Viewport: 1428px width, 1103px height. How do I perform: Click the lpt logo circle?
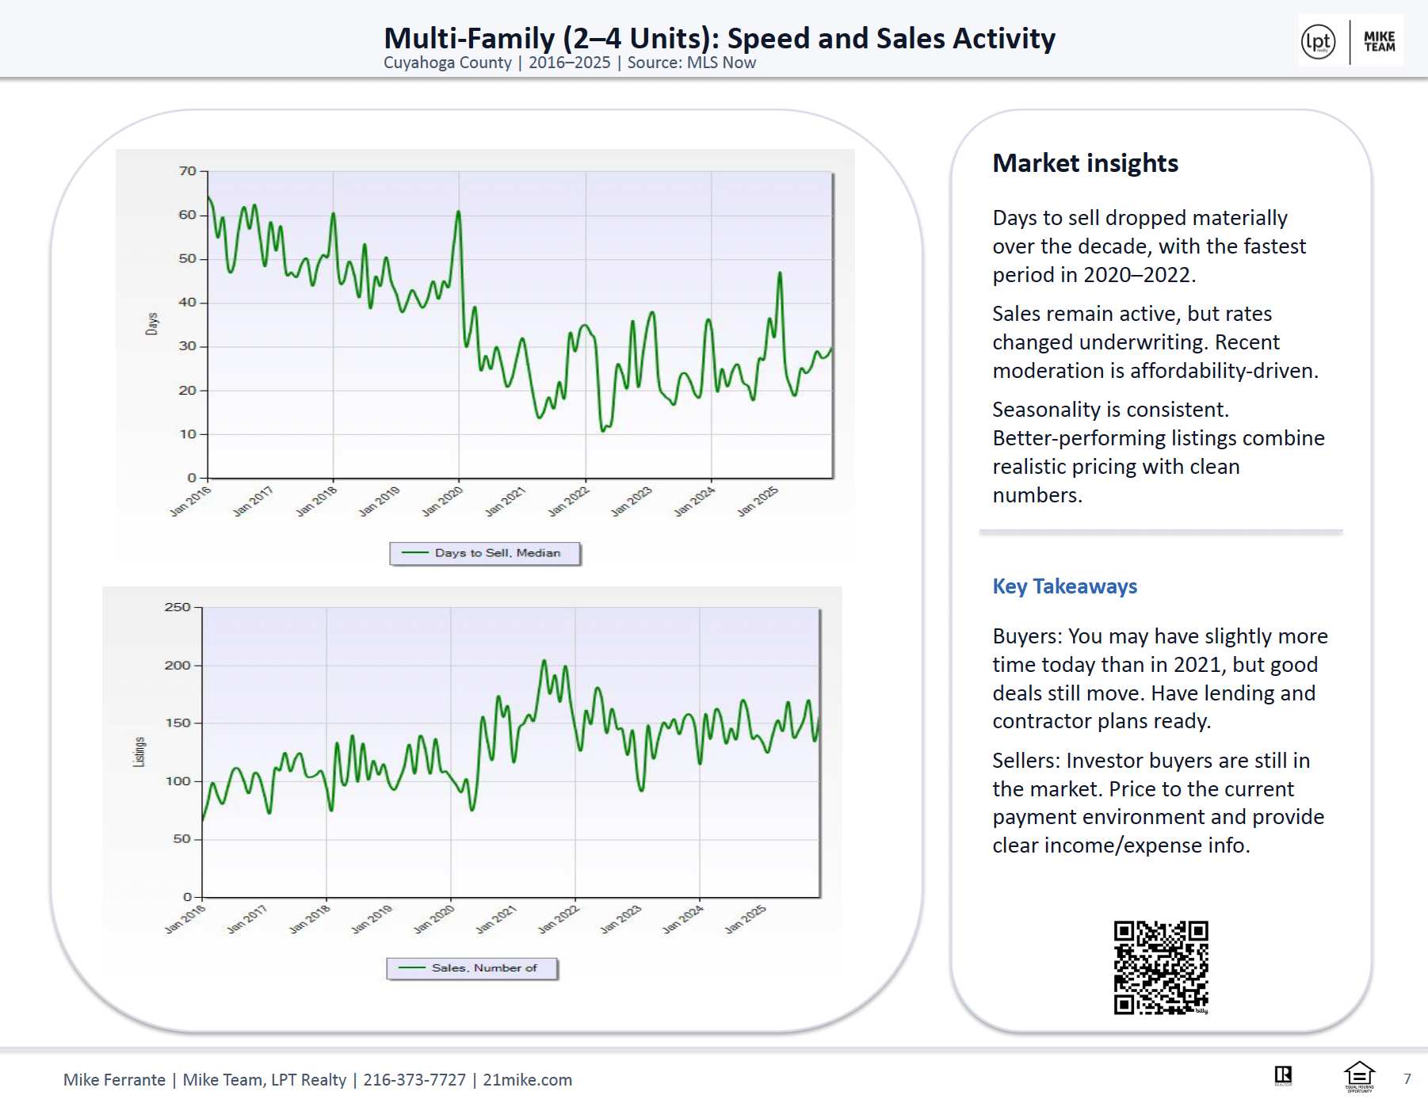[x=1318, y=41]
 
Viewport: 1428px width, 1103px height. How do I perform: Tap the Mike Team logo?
[x=1379, y=41]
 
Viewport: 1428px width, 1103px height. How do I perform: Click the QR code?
[x=1161, y=967]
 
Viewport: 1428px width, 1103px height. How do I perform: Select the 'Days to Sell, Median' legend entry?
[x=485, y=553]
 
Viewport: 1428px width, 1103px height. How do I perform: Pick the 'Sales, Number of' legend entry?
[x=472, y=968]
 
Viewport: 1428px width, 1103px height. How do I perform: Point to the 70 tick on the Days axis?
[x=187, y=171]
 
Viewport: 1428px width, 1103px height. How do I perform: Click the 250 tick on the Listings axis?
[x=178, y=608]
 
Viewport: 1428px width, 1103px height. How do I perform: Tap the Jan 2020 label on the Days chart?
[x=442, y=502]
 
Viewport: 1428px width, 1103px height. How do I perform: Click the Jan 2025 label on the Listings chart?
[x=746, y=919]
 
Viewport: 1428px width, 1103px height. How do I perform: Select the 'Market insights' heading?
[x=1085, y=163]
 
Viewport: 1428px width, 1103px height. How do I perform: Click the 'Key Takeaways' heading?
[x=1064, y=586]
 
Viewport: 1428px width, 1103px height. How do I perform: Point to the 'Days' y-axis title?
[x=152, y=323]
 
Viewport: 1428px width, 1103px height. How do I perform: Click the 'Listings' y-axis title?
[x=139, y=751]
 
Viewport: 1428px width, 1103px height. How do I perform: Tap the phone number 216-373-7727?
[x=414, y=1080]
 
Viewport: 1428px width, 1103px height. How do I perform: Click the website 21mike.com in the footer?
[x=528, y=1080]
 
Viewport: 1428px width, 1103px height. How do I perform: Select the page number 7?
[x=1407, y=1079]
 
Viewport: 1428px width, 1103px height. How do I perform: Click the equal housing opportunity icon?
[x=1359, y=1076]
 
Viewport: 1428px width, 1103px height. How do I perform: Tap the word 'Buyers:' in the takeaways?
[x=1027, y=636]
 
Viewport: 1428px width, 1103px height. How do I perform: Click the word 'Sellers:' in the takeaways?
[x=1026, y=761]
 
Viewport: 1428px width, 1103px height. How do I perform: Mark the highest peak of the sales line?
[x=544, y=660]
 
